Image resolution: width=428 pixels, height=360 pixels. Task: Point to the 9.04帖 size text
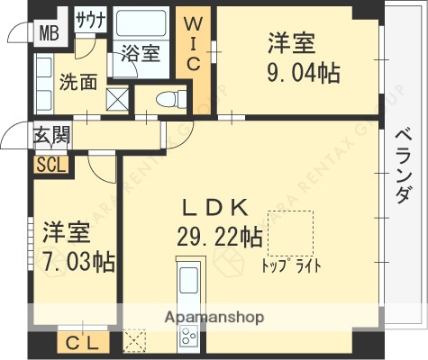coord(304,72)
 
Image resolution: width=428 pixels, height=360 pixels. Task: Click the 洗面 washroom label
coord(78,82)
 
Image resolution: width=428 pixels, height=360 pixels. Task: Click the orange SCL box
coord(50,165)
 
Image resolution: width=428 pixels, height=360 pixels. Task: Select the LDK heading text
coord(215,207)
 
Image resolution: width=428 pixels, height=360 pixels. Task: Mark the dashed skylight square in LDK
coord(290,232)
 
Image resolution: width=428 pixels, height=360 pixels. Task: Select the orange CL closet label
coord(84,343)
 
